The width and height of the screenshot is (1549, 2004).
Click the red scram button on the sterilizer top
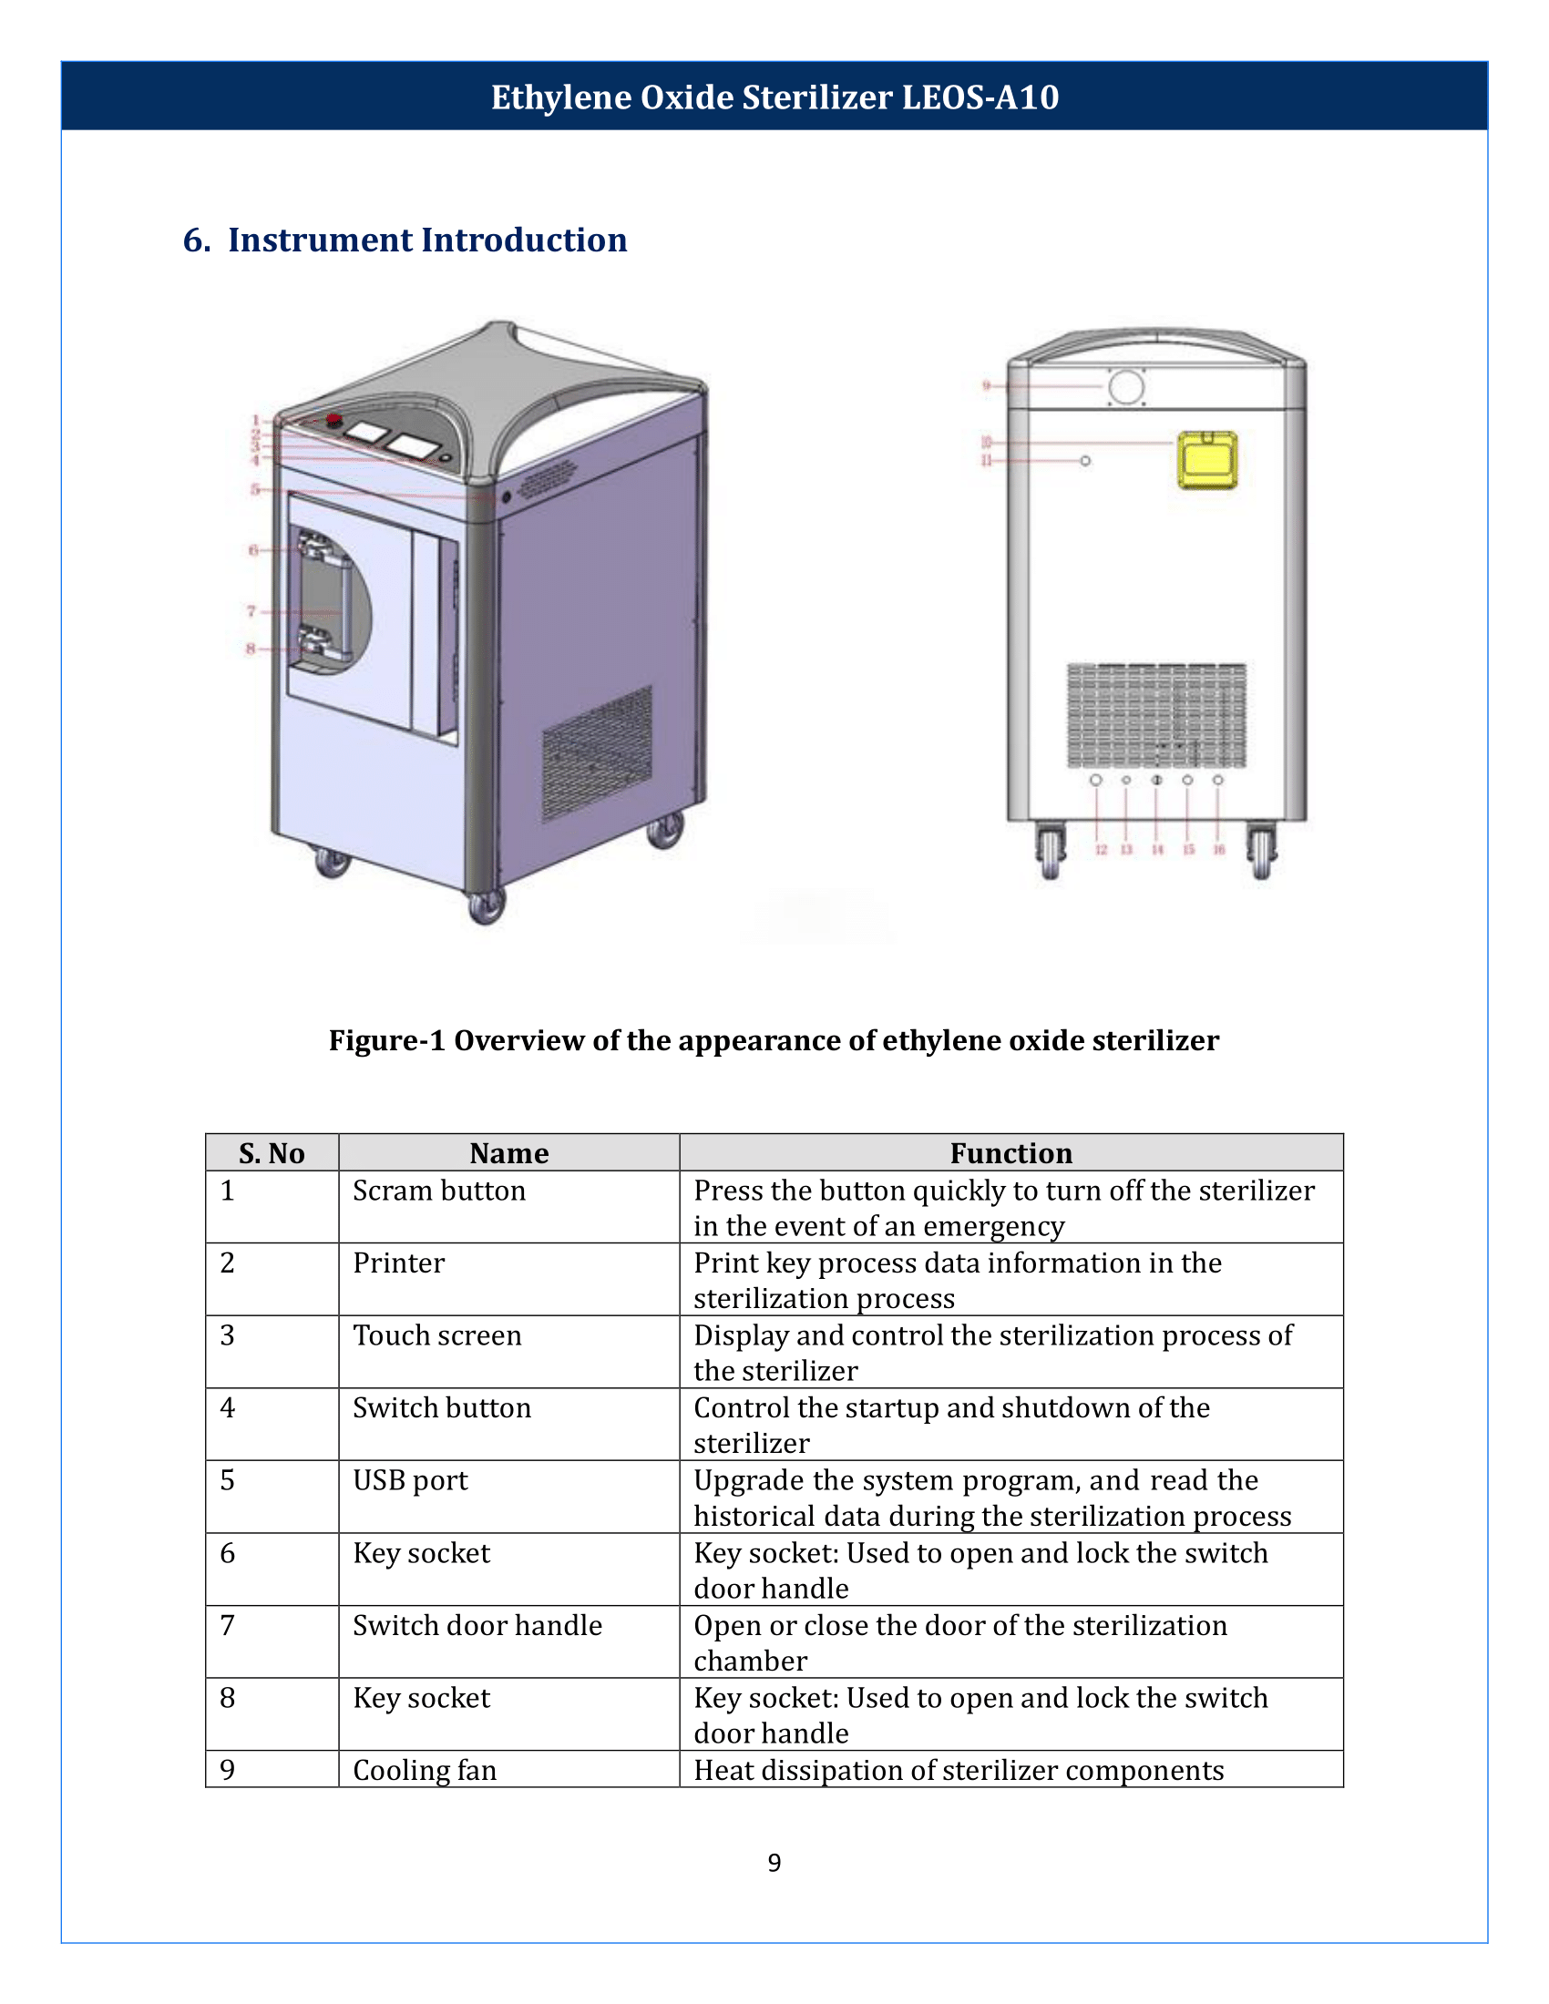point(334,420)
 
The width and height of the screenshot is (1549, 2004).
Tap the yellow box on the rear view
point(1206,460)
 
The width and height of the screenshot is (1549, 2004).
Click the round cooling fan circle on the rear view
point(1126,386)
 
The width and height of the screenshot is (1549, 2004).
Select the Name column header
point(508,1152)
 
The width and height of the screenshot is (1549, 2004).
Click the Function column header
point(1010,1152)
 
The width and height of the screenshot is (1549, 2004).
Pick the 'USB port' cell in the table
point(410,1480)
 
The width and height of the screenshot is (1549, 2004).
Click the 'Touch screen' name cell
point(436,1335)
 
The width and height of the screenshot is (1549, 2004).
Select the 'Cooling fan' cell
point(425,1770)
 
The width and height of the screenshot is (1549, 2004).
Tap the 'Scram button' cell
point(438,1191)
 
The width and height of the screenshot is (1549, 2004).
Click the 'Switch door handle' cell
point(477,1625)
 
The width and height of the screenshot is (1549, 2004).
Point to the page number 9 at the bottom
point(774,1863)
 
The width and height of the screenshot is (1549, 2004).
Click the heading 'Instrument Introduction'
point(426,240)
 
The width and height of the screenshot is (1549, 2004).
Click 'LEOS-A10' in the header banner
point(980,97)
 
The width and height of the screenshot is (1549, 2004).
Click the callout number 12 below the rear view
point(1101,850)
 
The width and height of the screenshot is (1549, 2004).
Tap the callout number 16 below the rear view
point(1218,850)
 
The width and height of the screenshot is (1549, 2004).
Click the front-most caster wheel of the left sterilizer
point(486,906)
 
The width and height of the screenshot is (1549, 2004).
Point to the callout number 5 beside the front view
point(255,489)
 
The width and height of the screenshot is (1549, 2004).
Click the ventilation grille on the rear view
point(1156,716)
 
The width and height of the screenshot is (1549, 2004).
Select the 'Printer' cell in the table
point(398,1263)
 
